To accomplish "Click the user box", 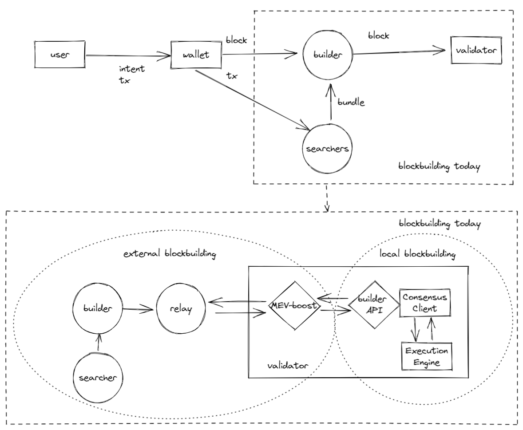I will point(59,56).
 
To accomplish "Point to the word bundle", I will point(351,103).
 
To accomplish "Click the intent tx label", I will point(132,74).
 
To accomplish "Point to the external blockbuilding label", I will point(170,254).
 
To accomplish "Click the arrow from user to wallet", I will point(127,56).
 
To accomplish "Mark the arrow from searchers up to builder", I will point(329,103).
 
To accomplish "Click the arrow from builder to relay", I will point(139,308).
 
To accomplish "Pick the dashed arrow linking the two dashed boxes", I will point(327,197).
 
